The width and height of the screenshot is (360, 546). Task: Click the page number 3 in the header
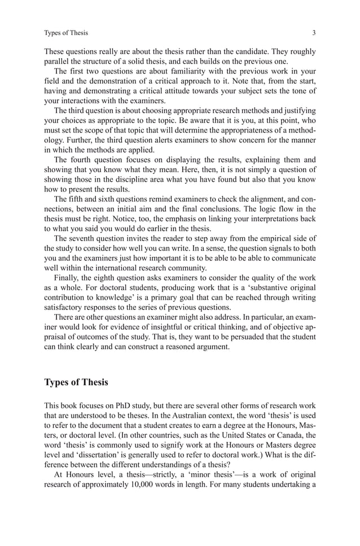click(314, 32)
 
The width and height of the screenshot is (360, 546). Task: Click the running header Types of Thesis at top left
click(66, 32)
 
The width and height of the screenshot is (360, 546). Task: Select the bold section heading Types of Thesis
click(76, 382)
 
